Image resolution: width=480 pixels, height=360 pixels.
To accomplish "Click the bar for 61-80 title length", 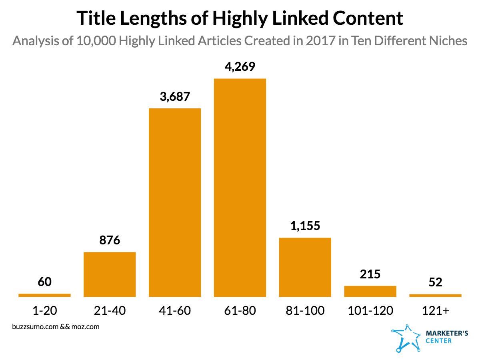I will pyautogui.click(x=240, y=188).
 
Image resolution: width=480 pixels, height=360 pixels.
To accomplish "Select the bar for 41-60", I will pyautogui.click(x=175, y=202).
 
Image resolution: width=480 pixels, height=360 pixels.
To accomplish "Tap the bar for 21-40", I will pyautogui.click(x=110, y=274).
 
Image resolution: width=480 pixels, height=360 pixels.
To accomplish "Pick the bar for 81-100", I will pyautogui.click(x=305, y=267).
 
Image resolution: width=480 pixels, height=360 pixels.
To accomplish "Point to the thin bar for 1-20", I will pyautogui.click(x=44, y=295).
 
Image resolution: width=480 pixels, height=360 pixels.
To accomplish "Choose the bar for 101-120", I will pyautogui.click(x=370, y=291).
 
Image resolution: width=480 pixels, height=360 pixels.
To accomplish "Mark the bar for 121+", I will pyautogui.click(x=435, y=295).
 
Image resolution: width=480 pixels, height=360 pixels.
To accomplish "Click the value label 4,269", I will pyautogui.click(x=240, y=67).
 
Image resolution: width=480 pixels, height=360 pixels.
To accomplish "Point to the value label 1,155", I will pyautogui.click(x=305, y=226).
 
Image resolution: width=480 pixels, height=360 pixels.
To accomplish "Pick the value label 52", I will pyautogui.click(x=435, y=282).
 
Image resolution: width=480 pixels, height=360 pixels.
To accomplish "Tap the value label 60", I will pyautogui.click(x=44, y=282).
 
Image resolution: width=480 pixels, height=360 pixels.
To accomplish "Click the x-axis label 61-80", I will pyautogui.click(x=240, y=310).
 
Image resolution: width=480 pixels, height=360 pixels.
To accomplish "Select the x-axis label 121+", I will pyautogui.click(x=435, y=310).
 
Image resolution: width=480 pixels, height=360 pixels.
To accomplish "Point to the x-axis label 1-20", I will pyautogui.click(x=44, y=310).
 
